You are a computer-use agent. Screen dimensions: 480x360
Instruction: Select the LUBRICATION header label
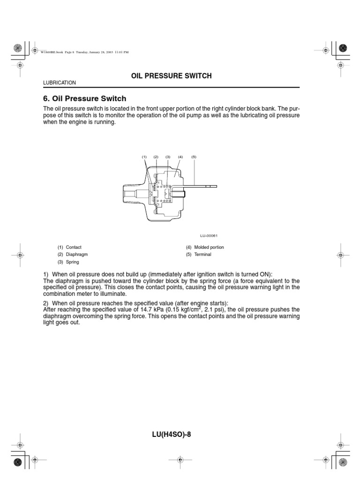(x=59, y=83)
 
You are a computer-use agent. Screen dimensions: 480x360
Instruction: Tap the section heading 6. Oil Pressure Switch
(x=84, y=99)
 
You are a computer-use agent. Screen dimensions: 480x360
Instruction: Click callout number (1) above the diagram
(x=145, y=157)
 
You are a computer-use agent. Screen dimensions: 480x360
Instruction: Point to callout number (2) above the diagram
(x=156, y=157)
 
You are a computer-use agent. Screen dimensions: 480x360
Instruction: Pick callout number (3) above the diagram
(x=168, y=157)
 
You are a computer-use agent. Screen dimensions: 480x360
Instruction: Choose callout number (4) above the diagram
(x=180, y=157)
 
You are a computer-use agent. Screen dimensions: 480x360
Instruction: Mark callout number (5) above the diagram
(x=194, y=157)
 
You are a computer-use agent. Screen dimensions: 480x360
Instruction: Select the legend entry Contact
(x=74, y=247)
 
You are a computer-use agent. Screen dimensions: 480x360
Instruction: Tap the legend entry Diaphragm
(x=77, y=255)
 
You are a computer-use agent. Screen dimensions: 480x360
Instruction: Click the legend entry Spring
(x=73, y=262)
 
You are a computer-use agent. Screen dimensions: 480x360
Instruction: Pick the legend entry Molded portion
(x=210, y=247)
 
